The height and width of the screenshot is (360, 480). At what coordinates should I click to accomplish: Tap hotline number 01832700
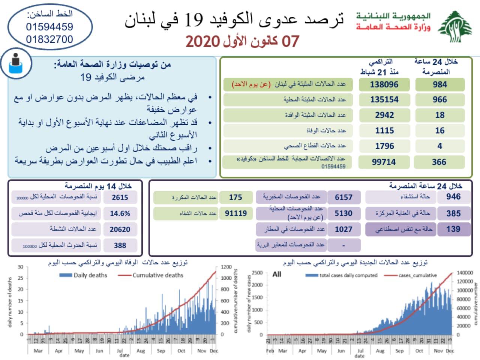click(49, 39)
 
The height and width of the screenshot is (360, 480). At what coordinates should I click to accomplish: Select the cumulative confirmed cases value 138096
click(384, 84)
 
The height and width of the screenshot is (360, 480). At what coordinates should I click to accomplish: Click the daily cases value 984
click(439, 84)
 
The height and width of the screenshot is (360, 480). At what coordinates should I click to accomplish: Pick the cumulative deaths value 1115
click(384, 130)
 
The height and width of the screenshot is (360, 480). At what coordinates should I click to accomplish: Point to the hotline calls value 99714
click(384, 162)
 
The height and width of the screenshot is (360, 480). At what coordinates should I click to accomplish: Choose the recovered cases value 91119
click(236, 213)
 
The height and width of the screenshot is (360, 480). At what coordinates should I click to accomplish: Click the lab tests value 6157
click(343, 197)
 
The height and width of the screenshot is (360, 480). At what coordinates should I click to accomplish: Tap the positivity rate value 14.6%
click(120, 213)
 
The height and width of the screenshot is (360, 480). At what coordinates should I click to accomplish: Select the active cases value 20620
click(120, 229)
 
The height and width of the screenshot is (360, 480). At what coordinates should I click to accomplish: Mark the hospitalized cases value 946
click(453, 196)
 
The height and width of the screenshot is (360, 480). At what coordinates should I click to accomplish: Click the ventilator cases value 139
click(453, 229)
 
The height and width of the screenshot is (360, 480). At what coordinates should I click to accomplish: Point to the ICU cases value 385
click(453, 213)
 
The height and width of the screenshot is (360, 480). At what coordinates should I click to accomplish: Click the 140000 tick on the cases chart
click(465, 273)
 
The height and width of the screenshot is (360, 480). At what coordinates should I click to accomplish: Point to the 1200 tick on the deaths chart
click(226, 267)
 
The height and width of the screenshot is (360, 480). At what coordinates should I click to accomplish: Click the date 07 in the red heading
click(290, 41)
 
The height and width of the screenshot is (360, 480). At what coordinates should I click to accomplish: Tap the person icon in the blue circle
click(16, 64)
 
